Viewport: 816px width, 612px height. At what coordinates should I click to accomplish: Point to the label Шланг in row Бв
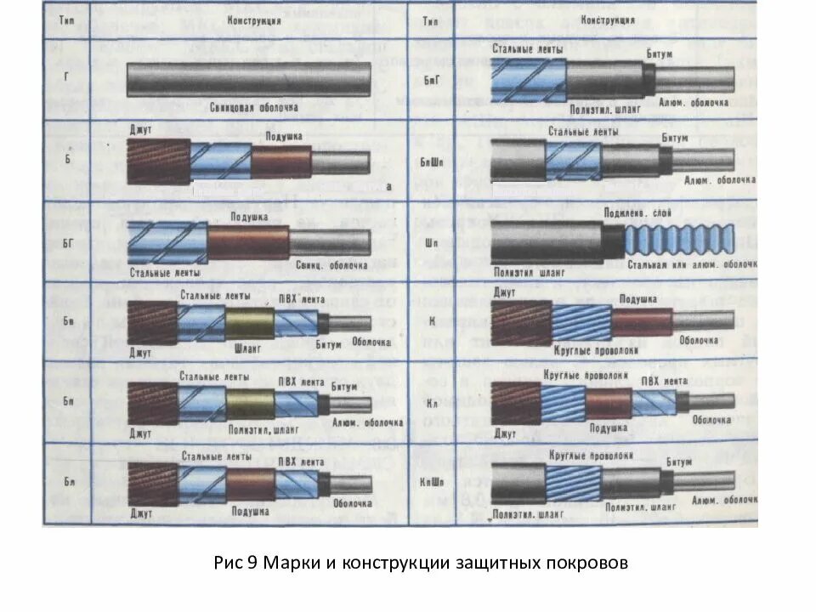coord(250,347)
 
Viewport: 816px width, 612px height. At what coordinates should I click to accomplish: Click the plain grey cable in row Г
coord(248,82)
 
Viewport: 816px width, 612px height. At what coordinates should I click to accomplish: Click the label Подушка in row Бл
coord(250,512)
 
